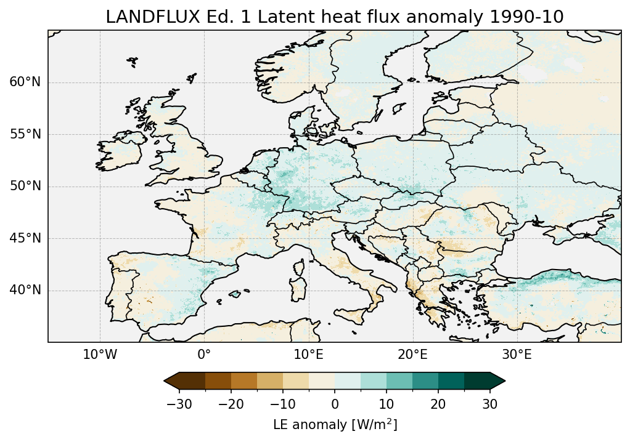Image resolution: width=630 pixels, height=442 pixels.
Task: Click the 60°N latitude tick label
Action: click(x=25, y=82)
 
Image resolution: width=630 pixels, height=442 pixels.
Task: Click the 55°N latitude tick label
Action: click(x=25, y=134)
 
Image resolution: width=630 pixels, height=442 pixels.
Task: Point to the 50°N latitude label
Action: click(x=25, y=187)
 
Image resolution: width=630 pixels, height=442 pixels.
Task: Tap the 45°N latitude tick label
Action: click(x=25, y=238)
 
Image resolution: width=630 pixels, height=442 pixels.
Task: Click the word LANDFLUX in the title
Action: click(x=144, y=17)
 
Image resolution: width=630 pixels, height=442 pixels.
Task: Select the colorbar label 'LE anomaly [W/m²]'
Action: click(x=335, y=425)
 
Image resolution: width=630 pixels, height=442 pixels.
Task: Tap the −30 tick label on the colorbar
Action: click(x=179, y=404)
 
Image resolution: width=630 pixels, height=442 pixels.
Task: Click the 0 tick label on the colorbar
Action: click(x=335, y=404)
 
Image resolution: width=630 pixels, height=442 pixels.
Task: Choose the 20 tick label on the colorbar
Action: click(x=438, y=404)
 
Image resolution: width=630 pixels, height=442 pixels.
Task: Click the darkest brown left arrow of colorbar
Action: click(x=172, y=382)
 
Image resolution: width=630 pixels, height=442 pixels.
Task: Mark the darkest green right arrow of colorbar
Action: click(x=497, y=382)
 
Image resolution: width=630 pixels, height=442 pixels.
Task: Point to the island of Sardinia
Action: click(x=300, y=289)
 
